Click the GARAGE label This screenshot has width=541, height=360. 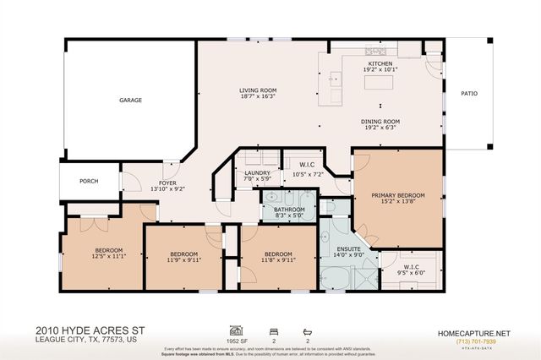coord(130,101)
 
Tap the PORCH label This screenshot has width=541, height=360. coord(89,180)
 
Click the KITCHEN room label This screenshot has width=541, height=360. coord(380,64)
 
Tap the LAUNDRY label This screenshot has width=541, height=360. coord(257,172)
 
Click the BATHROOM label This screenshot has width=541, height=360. coord(289,210)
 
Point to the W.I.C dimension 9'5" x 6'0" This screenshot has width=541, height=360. coord(409,273)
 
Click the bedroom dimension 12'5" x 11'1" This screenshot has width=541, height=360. coord(108,257)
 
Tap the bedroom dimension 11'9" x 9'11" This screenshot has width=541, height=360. coord(184,261)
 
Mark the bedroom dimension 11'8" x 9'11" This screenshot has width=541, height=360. coord(279,261)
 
